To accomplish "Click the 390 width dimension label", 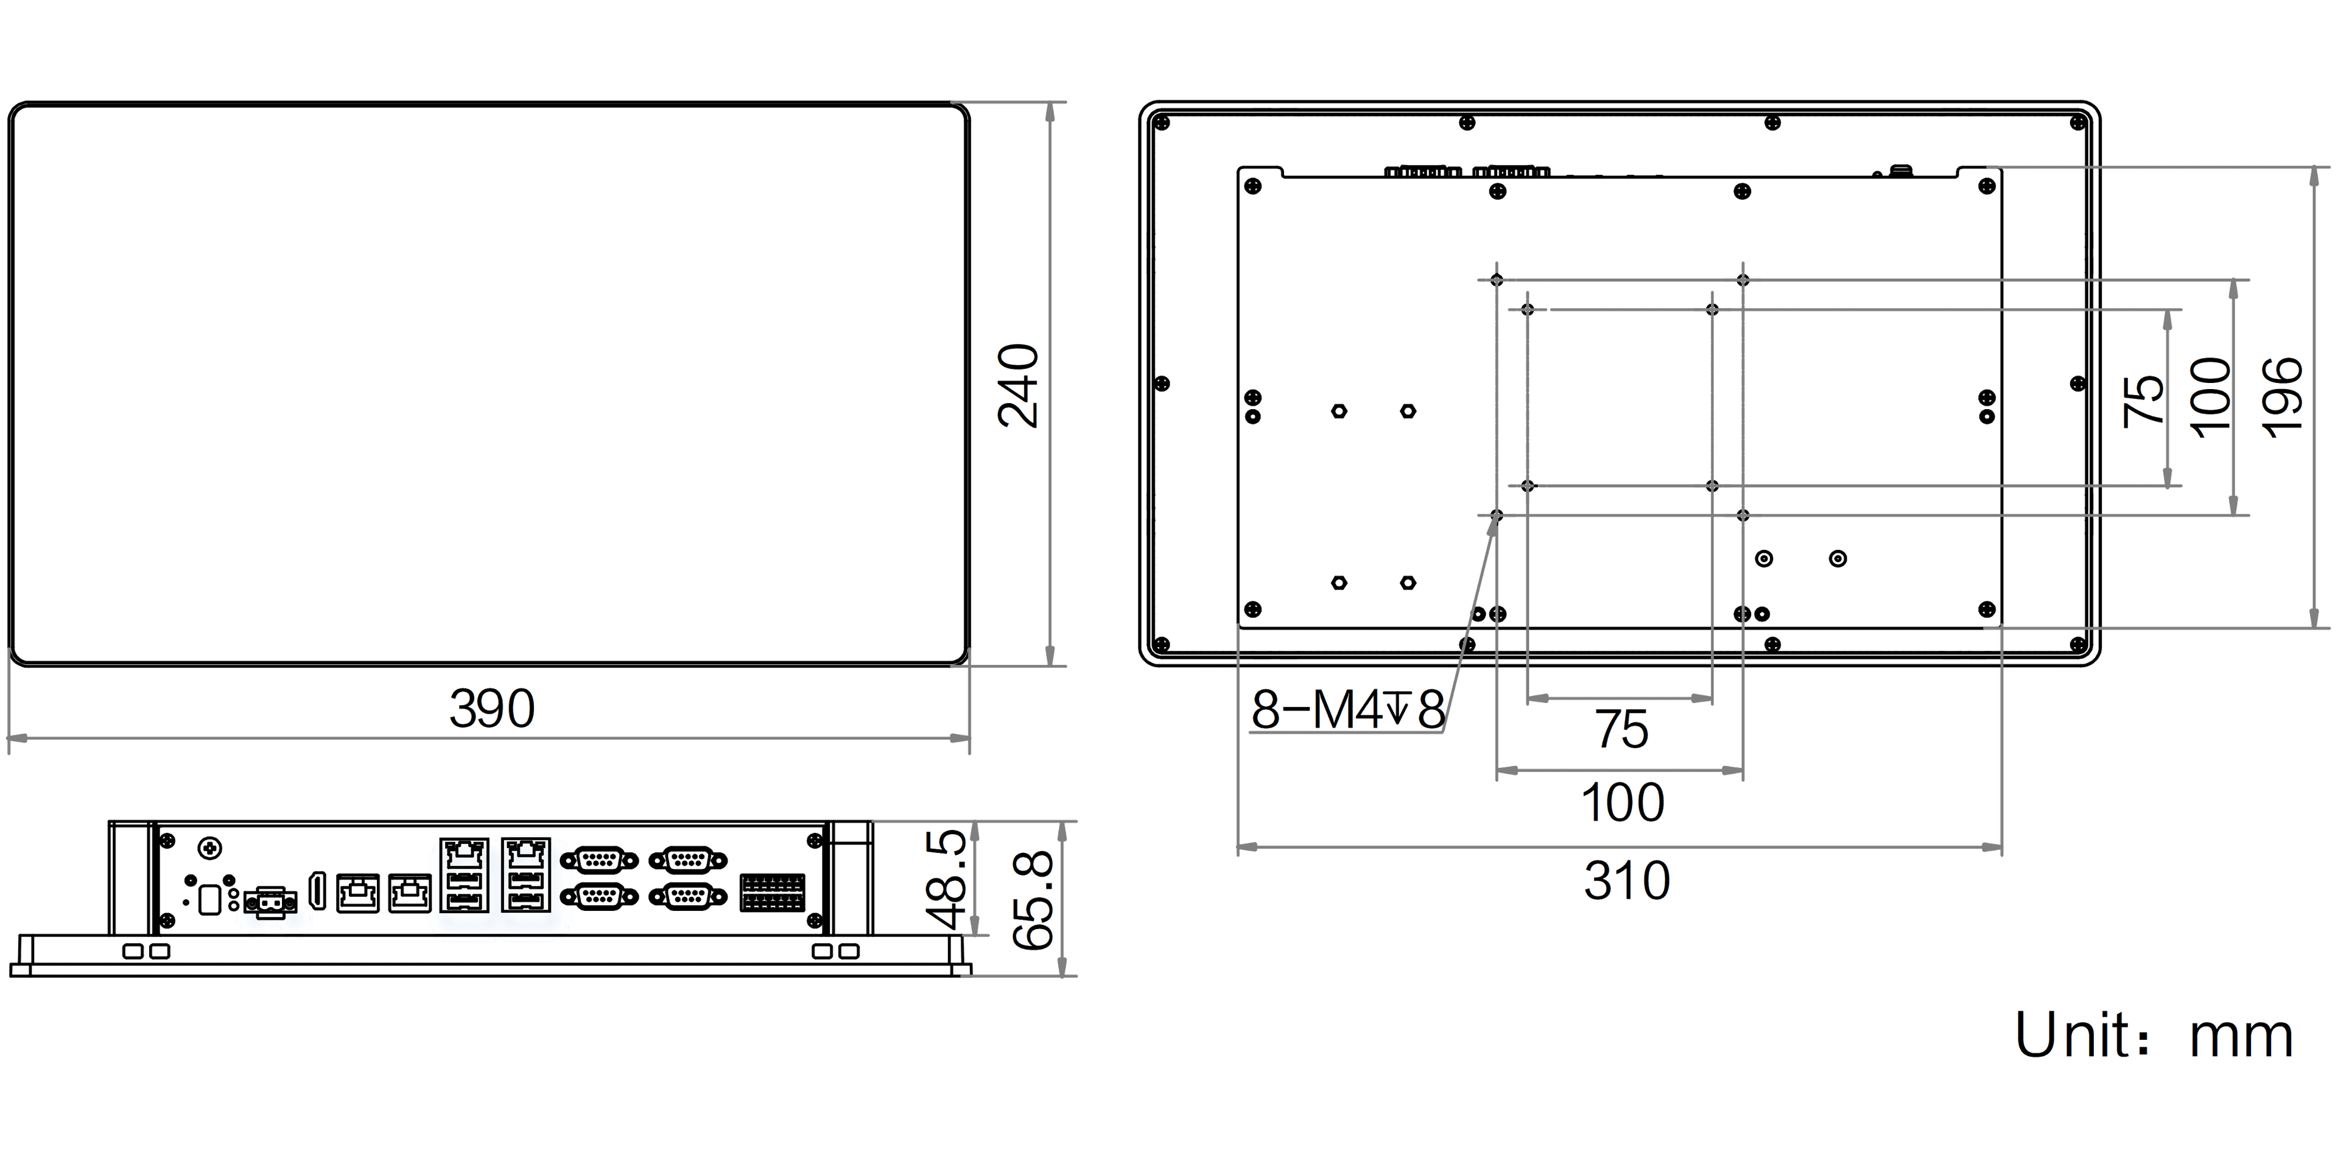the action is [x=492, y=709].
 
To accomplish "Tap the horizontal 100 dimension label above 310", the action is [x=1623, y=802].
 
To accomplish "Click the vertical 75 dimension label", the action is [x=2144, y=399].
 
